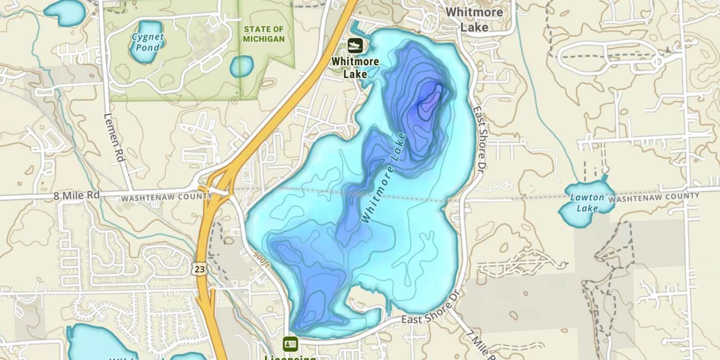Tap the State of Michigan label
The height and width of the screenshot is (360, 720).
pyautogui.click(x=264, y=34)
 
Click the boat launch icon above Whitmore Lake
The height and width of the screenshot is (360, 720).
pyautogui.click(x=355, y=46)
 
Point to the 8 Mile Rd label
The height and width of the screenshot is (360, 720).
pyautogui.click(x=77, y=195)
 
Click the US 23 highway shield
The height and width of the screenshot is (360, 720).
pyautogui.click(x=201, y=269)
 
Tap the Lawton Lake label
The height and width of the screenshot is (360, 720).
pyautogui.click(x=587, y=203)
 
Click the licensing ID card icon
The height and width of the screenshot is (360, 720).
pyautogui.click(x=290, y=344)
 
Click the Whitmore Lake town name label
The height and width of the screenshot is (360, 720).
pyautogui.click(x=474, y=19)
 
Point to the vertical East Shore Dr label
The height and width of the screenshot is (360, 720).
pyautogui.click(x=480, y=140)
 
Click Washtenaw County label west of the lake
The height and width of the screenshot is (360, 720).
pyautogui.click(x=166, y=197)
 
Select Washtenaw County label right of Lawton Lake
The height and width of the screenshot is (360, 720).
pyautogui.click(x=654, y=197)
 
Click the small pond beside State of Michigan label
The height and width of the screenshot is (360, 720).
pyautogui.click(x=241, y=66)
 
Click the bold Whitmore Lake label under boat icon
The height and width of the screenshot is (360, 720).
pyautogui.click(x=355, y=68)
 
